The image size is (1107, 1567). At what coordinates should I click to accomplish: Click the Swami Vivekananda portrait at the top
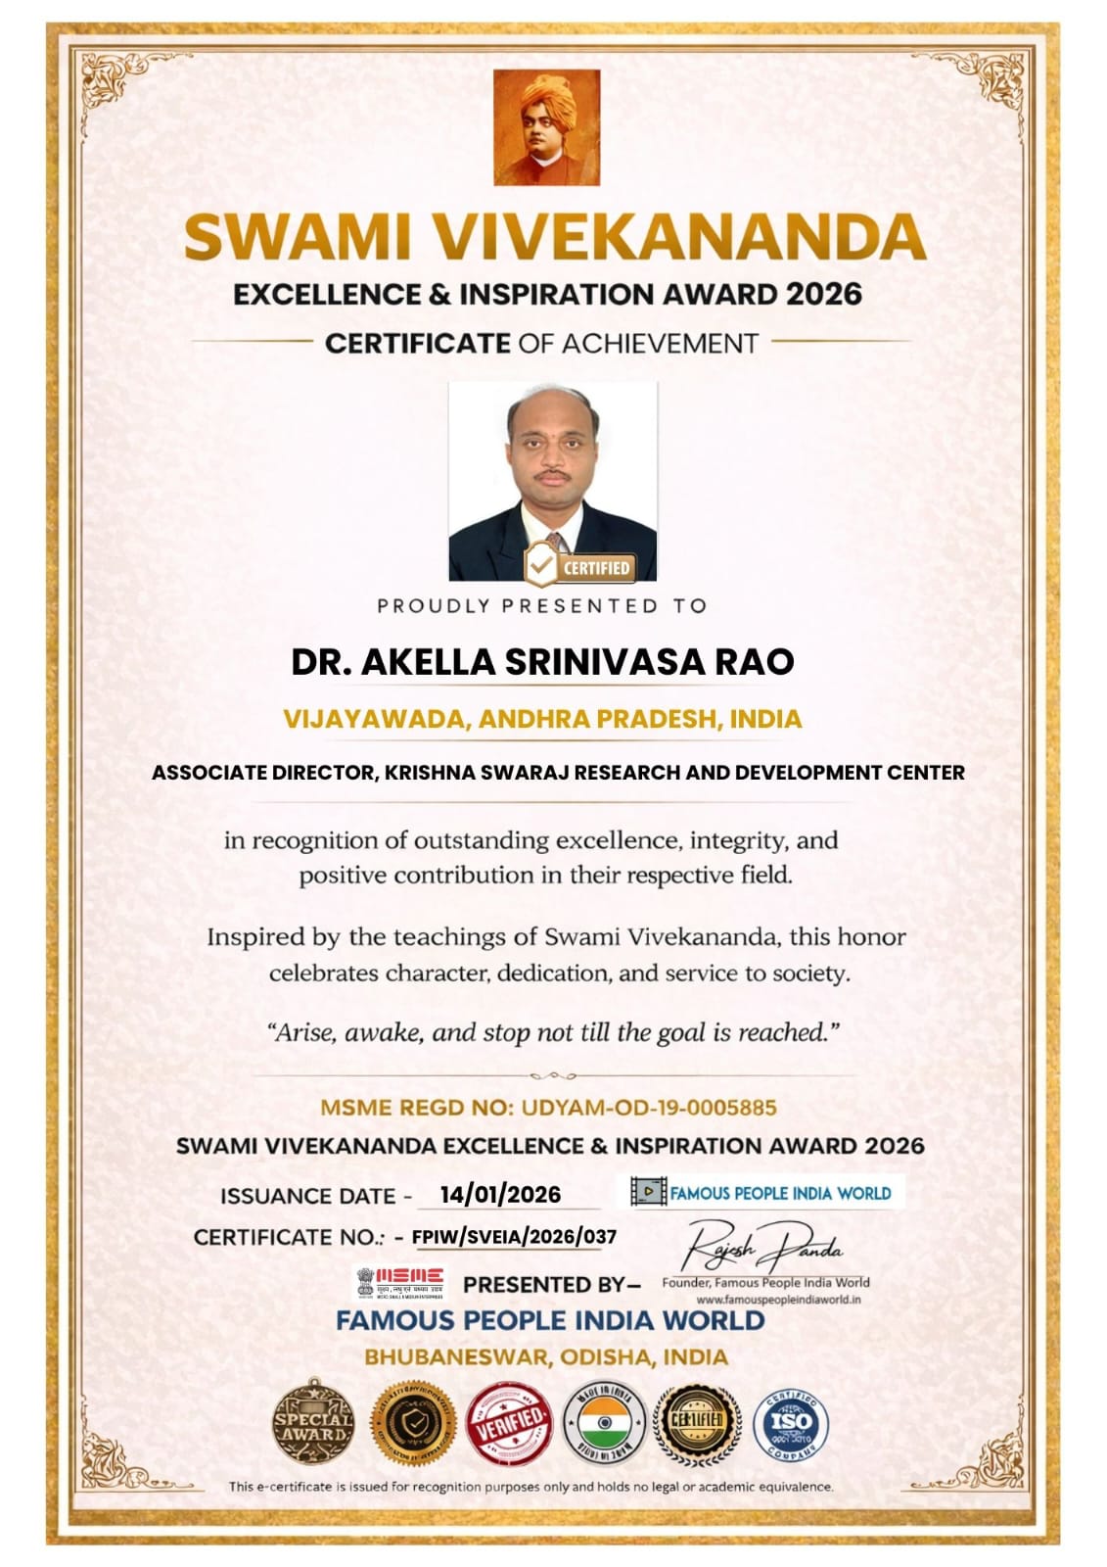(x=546, y=127)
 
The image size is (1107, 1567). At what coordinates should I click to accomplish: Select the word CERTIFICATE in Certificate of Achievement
(x=417, y=344)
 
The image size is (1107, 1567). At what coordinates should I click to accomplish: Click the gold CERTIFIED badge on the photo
(x=578, y=566)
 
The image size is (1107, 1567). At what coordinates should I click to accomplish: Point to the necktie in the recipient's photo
(x=554, y=544)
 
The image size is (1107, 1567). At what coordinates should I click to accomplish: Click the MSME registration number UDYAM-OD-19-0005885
(x=649, y=1108)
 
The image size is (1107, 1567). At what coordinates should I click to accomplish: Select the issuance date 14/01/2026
(x=500, y=1195)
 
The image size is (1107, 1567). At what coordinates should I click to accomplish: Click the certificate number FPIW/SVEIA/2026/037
(x=514, y=1237)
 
